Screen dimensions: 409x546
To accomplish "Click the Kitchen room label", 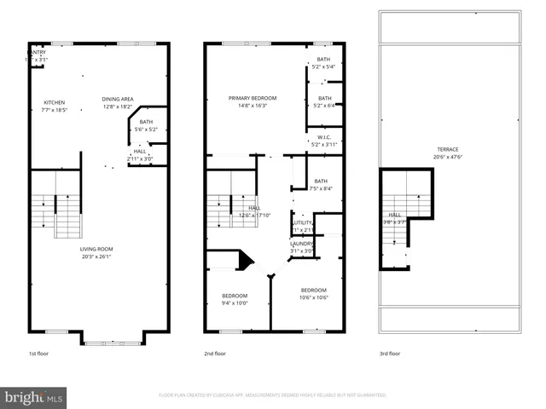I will (x=54, y=102).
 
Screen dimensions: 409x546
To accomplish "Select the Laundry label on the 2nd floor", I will (x=302, y=243).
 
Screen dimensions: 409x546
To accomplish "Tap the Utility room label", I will (x=303, y=222).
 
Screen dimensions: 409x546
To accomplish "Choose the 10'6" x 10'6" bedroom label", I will (x=314, y=297).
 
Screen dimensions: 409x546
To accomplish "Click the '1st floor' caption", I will (x=39, y=353).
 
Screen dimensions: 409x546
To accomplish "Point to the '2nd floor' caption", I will (x=214, y=353).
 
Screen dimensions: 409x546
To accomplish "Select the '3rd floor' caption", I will (x=390, y=353).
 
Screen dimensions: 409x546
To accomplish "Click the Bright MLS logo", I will (x=34, y=397).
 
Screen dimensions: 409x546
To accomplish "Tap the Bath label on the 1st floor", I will (x=146, y=122).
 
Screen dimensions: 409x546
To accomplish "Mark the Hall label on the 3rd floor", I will (x=395, y=215).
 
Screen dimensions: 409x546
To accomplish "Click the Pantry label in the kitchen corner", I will (x=37, y=52).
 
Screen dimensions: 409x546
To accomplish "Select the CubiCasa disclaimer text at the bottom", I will (x=273, y=395).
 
